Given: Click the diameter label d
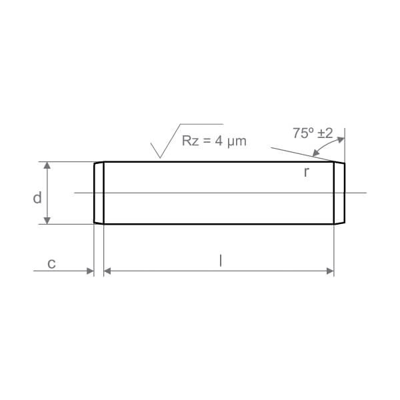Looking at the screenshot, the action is pyautogui.click(x=37, y=198).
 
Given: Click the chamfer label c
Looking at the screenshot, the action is pyautogui.click(x=51, y=263).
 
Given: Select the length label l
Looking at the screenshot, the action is pyautogui.click(x=221, y=261).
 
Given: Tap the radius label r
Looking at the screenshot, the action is pyautogui.click(x=307, y=172).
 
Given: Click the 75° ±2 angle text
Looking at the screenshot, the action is pyautogui.click(x=313, y=133).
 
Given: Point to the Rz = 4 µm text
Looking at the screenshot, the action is pyautogui.click(x=214, y=141).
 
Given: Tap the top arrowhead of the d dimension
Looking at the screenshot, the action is pyautogui.click(x=47, y=165).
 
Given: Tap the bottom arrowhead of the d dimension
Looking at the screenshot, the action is pyautogui.click(x=47, y=221).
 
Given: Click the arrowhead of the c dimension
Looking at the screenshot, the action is pyautogui.click(x=90, y=271).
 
